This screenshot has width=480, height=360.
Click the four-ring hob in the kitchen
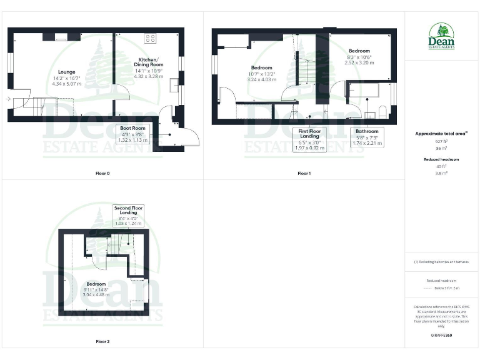point(151,38)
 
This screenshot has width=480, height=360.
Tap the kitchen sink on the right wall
point(174,85)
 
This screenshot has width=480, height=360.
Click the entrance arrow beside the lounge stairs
point(7,99)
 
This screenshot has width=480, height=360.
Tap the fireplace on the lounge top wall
point(61,37)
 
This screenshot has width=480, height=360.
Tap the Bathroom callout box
point(367,137)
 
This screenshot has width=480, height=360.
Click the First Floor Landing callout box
point(310,137)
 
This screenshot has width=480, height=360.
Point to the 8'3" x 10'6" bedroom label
point(359,57)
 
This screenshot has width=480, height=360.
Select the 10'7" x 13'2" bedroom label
point(261,74)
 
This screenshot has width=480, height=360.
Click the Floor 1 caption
point(304,173)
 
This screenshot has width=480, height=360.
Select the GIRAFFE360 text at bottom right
point(441,336)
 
